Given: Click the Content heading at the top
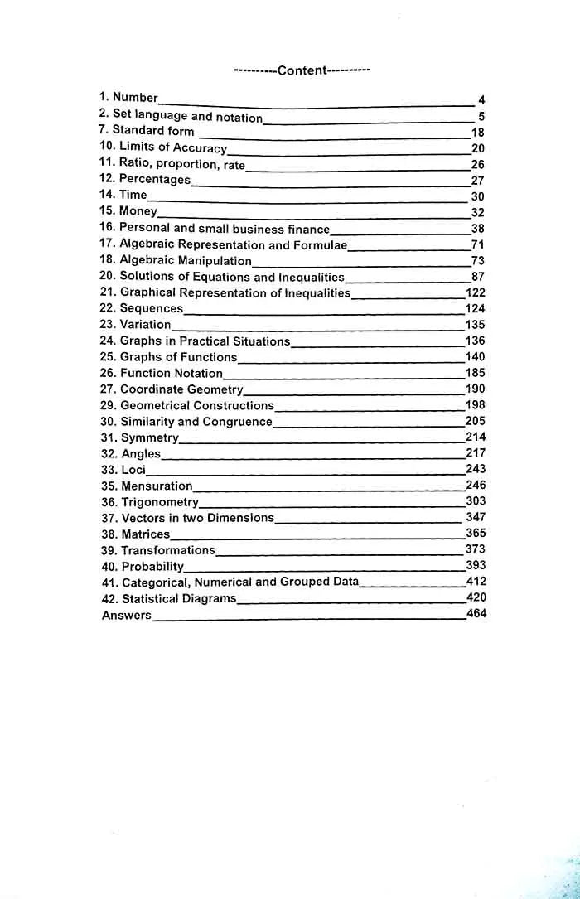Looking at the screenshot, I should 302,70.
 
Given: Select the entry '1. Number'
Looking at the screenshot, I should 128,98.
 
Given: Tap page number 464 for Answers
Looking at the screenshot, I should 476,614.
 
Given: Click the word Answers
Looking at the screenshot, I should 127,616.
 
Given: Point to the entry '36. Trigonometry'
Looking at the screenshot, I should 150,502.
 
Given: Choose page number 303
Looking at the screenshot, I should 476,500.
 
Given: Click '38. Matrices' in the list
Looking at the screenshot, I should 135,534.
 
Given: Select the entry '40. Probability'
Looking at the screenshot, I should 143,567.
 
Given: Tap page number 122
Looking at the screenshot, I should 476,292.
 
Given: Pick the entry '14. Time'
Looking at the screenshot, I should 123,195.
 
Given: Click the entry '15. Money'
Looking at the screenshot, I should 128,211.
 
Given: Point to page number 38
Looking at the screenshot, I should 478,229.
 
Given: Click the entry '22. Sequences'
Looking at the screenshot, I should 142,308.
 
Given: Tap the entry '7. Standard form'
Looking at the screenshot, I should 147,131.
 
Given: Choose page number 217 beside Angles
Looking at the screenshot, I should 476,452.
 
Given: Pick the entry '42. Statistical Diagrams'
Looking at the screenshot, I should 168,598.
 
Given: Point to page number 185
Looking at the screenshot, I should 476,373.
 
